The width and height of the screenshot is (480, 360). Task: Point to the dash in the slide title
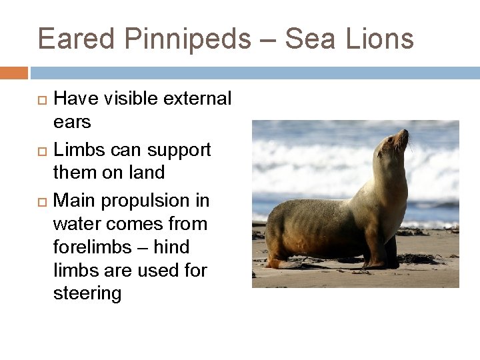click(268, 40)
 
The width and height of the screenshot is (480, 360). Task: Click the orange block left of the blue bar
click(13, 72)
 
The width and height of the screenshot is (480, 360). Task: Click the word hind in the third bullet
click(172, 247)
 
